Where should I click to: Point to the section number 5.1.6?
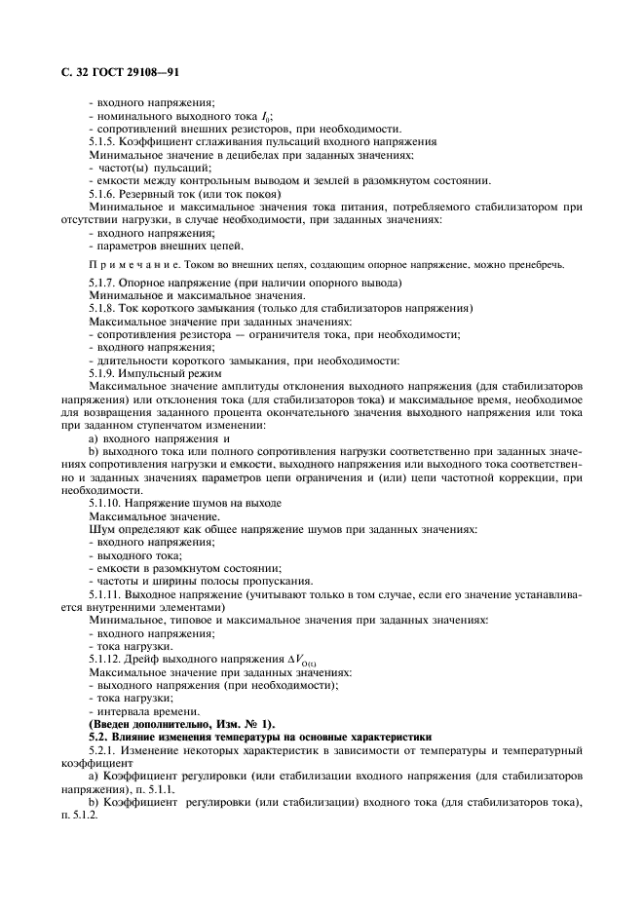[106, 194]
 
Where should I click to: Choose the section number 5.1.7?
[106, 283]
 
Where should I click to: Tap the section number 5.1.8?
[106, 309]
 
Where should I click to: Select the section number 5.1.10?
[109, 503]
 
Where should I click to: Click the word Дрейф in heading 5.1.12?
[155, 659]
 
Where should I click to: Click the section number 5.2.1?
[106, 751]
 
